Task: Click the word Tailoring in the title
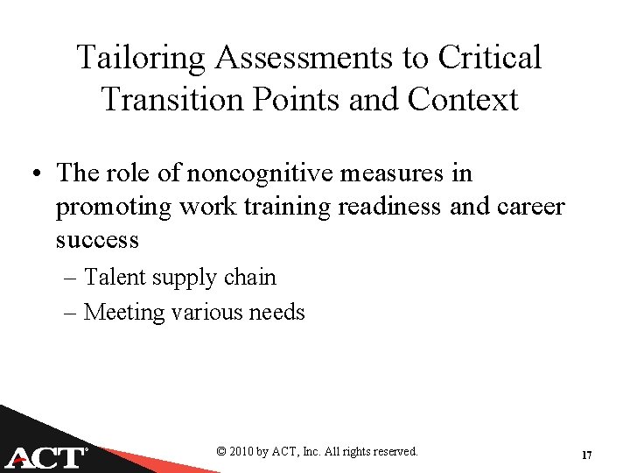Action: tap(140, 59)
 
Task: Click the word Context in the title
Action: tap(463, 99)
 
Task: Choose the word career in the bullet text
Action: tap(521, 207)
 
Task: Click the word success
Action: tap(97, 239)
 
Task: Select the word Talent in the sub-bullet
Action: tap(116, 279)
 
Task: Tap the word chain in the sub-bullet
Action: tap(250, 279)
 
